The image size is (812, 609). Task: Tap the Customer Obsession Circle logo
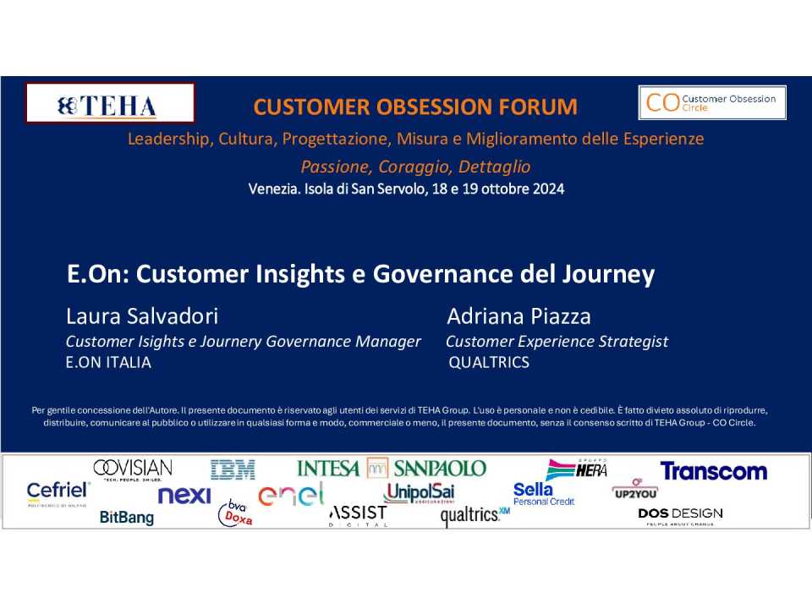point(712,102)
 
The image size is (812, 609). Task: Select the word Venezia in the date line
point(274,189)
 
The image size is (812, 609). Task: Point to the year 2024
point(548,189)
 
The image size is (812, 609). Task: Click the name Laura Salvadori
point(142,315)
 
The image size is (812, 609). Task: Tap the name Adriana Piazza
point(518,315)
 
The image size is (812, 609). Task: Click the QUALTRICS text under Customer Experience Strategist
point(489,362)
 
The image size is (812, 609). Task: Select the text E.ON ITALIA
point(108,362)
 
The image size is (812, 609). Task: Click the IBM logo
point(233,469)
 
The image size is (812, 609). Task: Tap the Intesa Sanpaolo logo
point(392,468)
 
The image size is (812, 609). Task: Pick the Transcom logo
point(714,471)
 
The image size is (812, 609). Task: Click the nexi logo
point(184,495)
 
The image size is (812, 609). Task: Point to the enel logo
point(291,494)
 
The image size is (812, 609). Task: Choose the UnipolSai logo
point(419,492)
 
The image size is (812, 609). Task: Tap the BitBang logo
point(127,517)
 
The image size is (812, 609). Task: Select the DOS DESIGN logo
point(680,515)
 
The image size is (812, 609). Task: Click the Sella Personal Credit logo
point(544,493)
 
